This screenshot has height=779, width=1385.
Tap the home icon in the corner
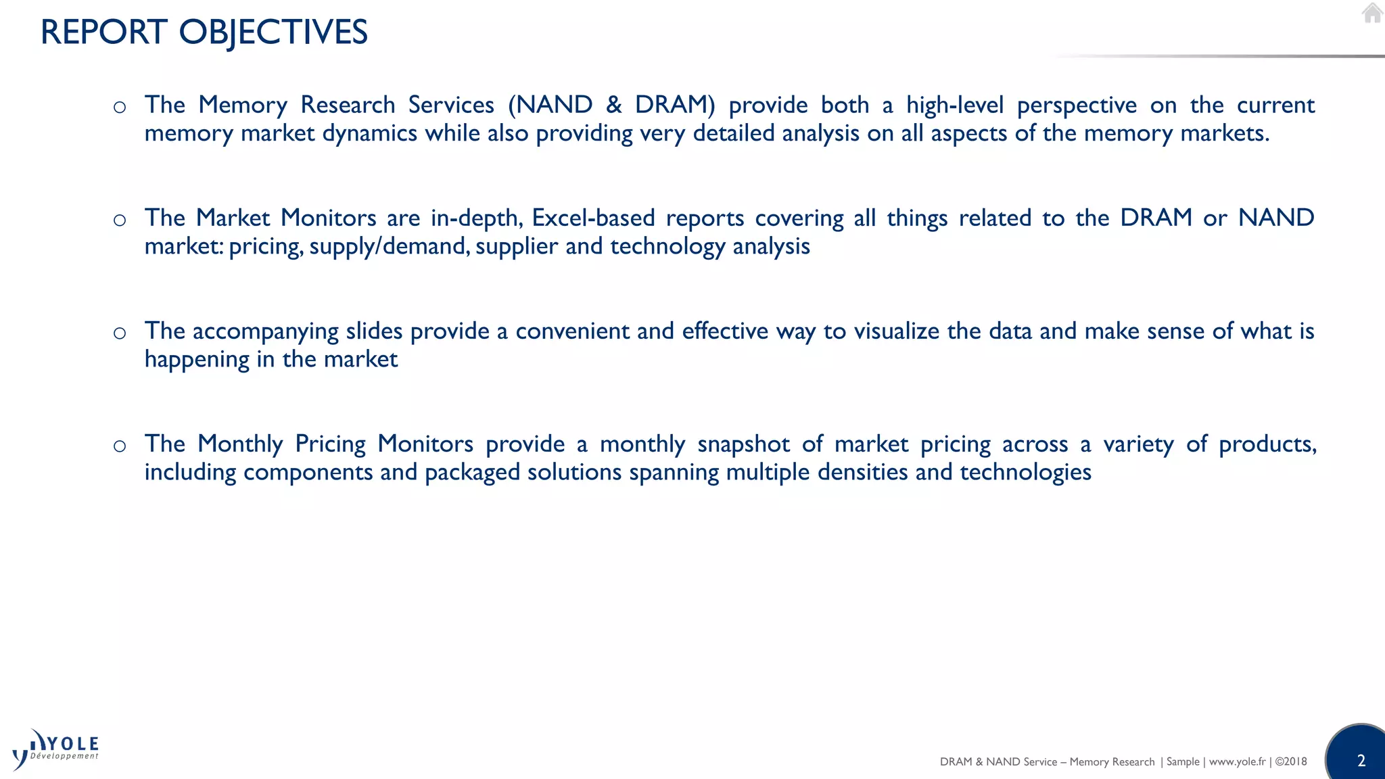pyautogui.click(x=1371, y=13)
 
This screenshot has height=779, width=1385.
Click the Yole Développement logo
pyautogui.click(x=56, y=749)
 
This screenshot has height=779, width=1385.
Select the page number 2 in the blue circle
pyautogui.click(x=1361, y=761)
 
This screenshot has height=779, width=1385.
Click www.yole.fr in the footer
pyautogui.click(x=1237, y=761)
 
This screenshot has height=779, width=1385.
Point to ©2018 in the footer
pyautogui.click(x=1291, y=761)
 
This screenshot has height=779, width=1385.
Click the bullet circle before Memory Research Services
pyautogui.click(x=120, y=107)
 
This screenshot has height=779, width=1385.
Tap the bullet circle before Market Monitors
pyautogui.click(x=120, y=220)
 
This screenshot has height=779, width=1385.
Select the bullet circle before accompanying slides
pyautogui.click(x=120, y=333)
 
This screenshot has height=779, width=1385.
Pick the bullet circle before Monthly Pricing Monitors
pyautogui.click(x=120, y=446)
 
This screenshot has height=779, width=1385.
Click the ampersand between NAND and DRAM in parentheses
pyautogui.click(x=613, y=105)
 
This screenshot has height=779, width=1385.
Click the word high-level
pyautogui.click(x=955, y=105)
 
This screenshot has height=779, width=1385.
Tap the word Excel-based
pyautogui.click(x=593, y=218)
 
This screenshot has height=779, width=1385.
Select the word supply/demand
pyautogui.click(x=388, y=246)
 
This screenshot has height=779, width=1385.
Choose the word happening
pyautogui.click(x=197, y=359)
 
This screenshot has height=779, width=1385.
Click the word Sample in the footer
pyautogui.click(x=1183, y=761)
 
